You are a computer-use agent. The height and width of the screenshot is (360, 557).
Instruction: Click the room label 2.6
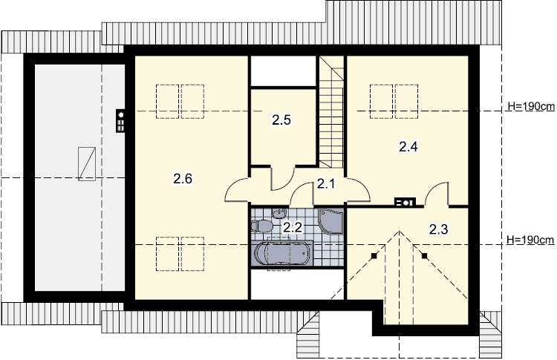(183, 179)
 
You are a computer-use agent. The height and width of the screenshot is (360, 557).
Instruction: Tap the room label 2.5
(281, 120)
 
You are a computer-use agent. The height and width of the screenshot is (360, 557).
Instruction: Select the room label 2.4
(408, 146)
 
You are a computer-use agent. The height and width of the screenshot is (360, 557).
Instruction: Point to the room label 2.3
(438, 229)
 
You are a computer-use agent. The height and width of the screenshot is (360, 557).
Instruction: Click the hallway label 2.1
(326, 184)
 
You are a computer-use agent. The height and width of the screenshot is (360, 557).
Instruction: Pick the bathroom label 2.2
(293, 227)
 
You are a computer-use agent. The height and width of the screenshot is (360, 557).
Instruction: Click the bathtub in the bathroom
(282, 253)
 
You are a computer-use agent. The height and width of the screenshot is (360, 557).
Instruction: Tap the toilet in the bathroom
(261, 226)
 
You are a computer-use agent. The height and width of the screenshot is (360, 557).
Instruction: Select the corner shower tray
(330, 221)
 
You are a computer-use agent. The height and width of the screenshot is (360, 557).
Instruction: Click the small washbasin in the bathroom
(279, 213)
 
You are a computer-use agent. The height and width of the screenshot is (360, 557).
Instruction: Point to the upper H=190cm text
(531, 106)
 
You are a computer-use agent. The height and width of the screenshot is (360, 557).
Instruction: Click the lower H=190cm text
(530, 240)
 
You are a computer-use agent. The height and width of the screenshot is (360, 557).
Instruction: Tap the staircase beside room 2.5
(331, 111)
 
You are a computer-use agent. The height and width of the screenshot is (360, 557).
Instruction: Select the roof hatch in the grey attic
(87, 164)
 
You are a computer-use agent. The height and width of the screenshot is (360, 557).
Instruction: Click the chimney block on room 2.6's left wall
(121, 121)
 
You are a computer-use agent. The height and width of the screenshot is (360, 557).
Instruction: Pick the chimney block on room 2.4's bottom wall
(405, 203)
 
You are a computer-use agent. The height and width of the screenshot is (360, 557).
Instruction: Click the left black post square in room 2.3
(374, 255)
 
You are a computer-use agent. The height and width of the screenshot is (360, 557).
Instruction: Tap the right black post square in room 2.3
(425, 255)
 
